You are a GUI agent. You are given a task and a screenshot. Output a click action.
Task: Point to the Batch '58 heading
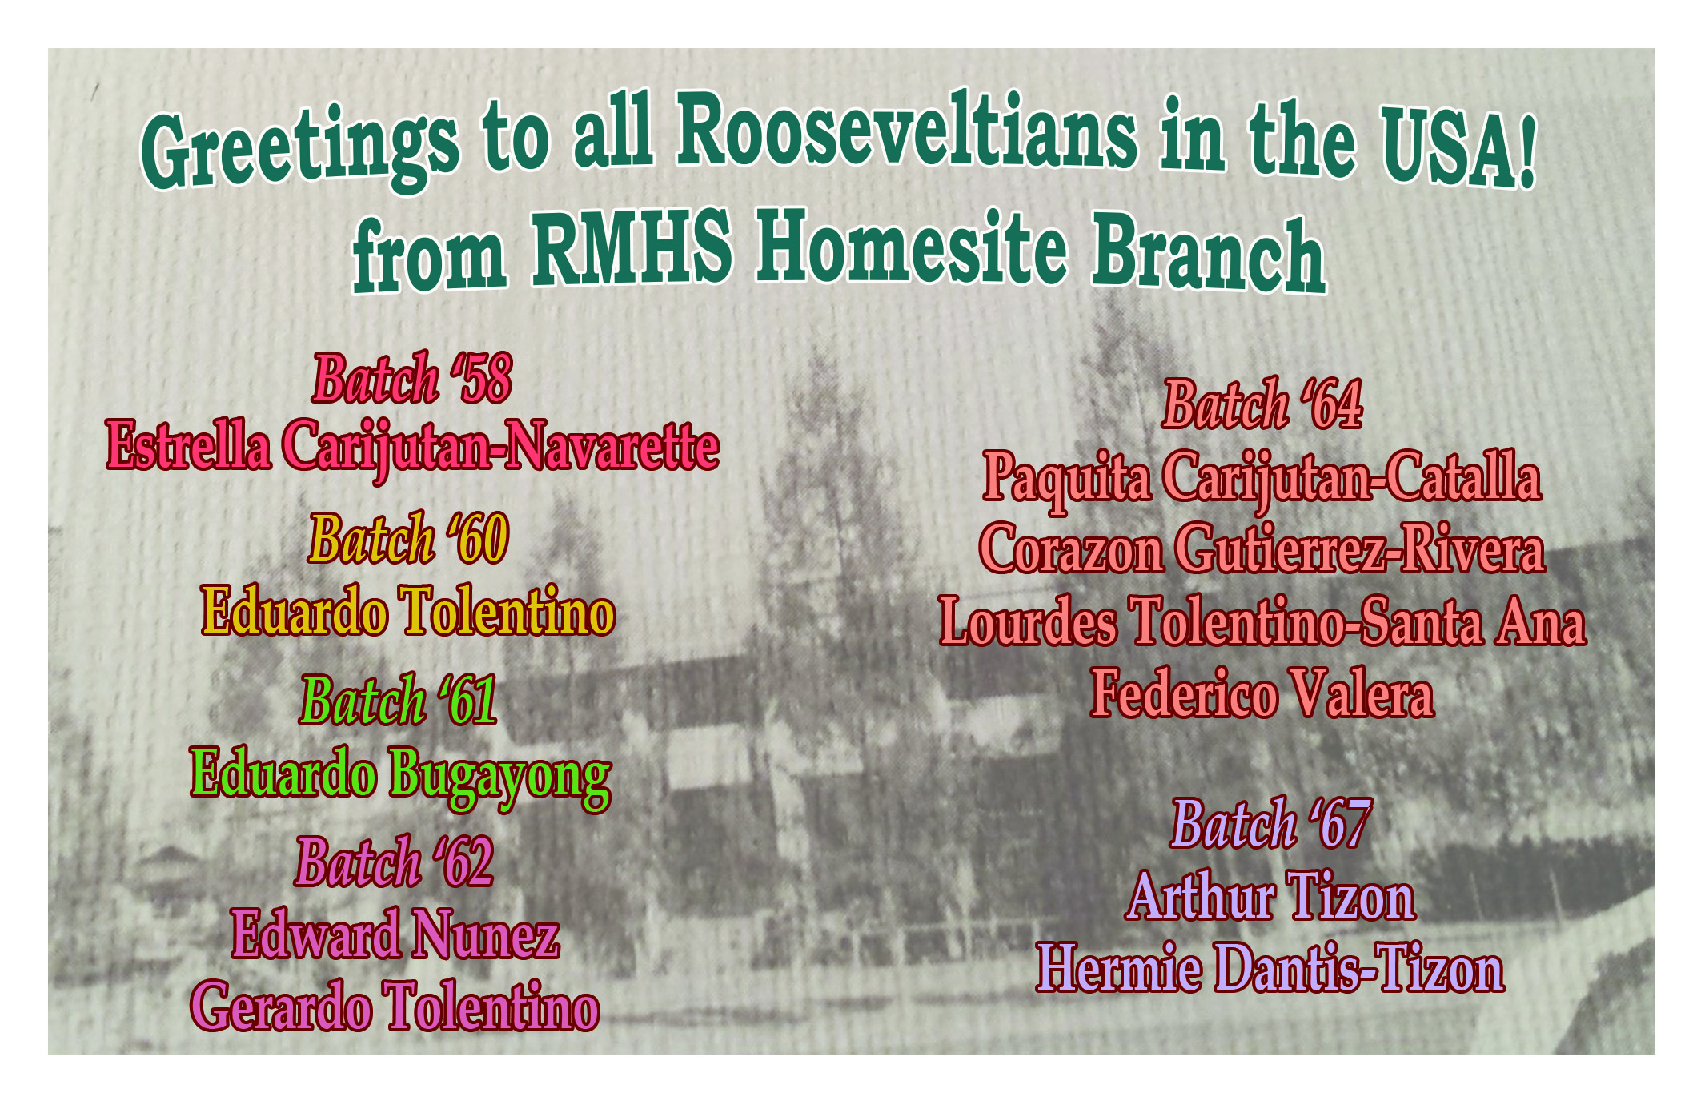(412, 378)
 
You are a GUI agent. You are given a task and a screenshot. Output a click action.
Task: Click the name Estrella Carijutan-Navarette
(413, 448)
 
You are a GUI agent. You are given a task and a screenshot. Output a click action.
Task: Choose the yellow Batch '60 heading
(409, 538)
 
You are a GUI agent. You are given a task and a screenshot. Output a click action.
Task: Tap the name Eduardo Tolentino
(408, 610)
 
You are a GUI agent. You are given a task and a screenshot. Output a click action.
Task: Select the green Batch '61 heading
(399, 700)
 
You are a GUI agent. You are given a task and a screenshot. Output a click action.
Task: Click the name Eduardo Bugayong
(401, 775)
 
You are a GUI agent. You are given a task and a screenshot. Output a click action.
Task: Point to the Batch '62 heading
(395, 862)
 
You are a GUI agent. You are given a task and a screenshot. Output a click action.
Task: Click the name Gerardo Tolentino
(395, 1005)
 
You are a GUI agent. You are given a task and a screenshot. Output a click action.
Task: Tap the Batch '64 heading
(1262, 405)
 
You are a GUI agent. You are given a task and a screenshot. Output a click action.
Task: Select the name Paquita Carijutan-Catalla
(1262, 479)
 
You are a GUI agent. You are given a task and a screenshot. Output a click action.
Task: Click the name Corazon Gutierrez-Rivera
(1262, 549)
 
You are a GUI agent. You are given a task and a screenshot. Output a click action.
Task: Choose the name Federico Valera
(1262, 693)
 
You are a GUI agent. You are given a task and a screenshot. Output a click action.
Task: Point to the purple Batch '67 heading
(1272, 823)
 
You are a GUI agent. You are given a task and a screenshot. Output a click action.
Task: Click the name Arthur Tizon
(1271, 897)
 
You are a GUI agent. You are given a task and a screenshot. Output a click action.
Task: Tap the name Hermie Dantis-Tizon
(1270, 967)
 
